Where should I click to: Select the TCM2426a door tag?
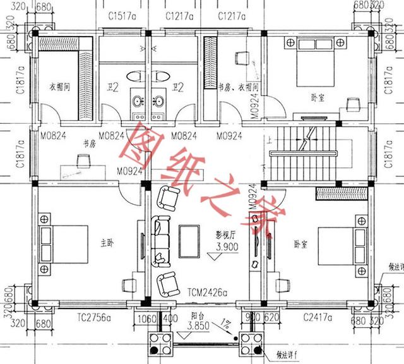pyautogui.click(x=209, y=293)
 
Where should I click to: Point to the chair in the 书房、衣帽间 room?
pyautogui.click(x=239, y=58)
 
